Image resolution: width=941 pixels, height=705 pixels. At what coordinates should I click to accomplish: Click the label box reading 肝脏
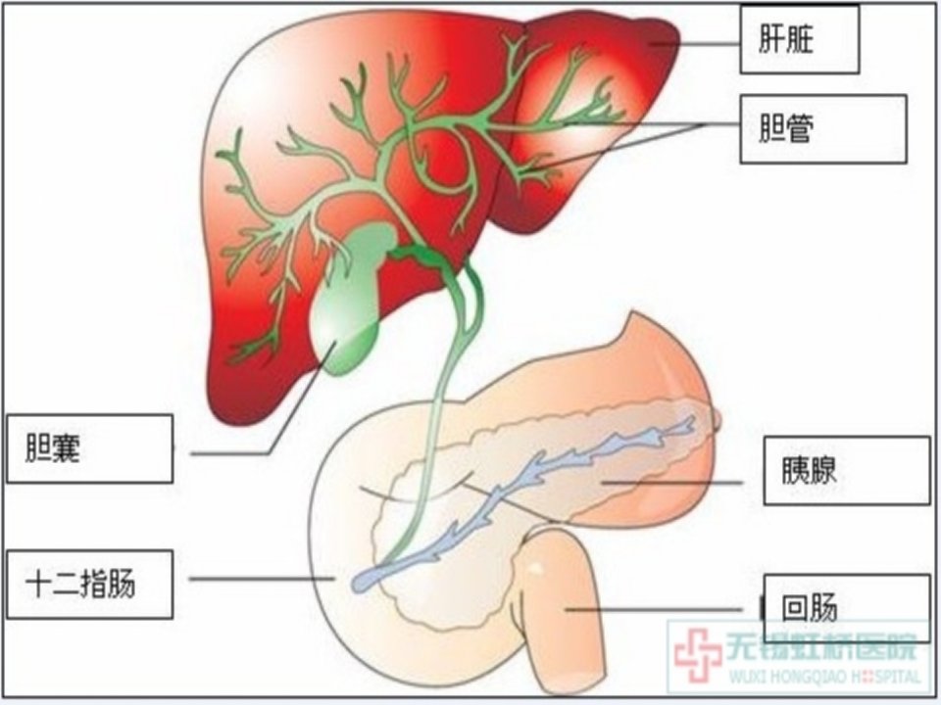pyautogui.click(x=799, y=39)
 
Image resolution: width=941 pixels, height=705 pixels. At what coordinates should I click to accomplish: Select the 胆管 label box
pyautogui.click(x=822, y=128)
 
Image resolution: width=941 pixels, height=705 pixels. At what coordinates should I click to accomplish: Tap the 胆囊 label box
pyautogui.click(x=89, y=448)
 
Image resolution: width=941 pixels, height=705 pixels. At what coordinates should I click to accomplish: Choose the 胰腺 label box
pyautogui.click(x=846, y=471)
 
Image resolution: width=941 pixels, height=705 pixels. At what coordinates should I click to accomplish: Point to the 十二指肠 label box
pyautogui.click(x=89, y=585)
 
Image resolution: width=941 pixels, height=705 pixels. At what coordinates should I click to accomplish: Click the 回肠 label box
pyautogui.click(x=846, y=607)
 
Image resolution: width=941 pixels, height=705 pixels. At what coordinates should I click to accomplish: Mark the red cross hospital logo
pyautogui.click(x=697, y=655)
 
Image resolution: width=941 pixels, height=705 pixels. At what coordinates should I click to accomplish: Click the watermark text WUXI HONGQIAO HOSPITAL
pyautogui.click(x=824, y=677)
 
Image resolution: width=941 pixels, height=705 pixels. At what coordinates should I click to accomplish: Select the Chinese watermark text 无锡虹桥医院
pyautogui.click(x=822, y=647)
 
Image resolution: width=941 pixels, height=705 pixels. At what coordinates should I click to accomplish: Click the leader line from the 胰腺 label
pyautogui.click(x=672, y=482)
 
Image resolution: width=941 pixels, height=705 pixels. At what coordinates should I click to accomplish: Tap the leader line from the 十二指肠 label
pyautogui.click(x=262, y=579)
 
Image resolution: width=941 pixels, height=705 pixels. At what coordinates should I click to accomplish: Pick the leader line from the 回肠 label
pyautogui.click(x=654, y=610)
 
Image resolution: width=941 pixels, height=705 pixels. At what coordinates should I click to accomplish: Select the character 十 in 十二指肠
pyautogui.click(x=37, y=584)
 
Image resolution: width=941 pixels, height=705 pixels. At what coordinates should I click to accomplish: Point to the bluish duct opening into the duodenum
pyautogui.click(x=363, y=581)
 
